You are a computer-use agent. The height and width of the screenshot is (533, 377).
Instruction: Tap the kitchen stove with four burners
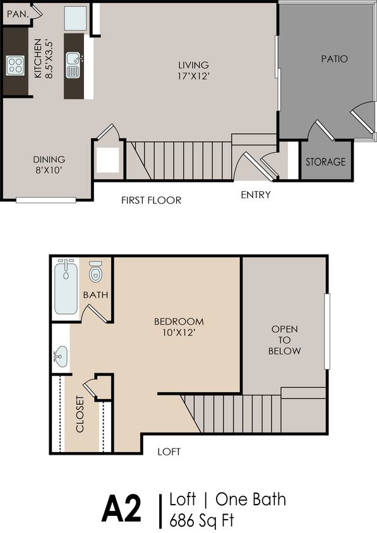coord(15,65)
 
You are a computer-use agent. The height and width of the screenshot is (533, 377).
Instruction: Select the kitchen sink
coord(73,64)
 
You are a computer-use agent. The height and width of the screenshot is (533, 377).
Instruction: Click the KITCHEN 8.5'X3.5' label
coord(44,59)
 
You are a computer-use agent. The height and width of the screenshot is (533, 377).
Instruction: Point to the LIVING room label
coord(193,65)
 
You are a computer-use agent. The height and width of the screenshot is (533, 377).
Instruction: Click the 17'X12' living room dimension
coord(193,76)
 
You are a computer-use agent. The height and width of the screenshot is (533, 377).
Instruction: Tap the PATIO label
coord(334,59)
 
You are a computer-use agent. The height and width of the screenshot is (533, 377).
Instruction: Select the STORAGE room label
coord(326,162)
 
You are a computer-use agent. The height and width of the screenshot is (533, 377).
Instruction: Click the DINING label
coord(49,160)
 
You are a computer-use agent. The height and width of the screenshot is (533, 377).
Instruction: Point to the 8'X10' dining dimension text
coord(49,171)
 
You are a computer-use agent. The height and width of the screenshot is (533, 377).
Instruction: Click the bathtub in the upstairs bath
coord(66,288)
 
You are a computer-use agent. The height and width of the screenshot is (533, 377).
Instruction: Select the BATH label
coord(95,295)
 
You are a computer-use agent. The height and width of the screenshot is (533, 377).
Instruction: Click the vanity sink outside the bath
coord(61,356)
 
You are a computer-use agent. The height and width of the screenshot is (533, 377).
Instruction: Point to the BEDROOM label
coord(179,321)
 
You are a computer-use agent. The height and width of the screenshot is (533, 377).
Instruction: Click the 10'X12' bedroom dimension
coord(179,333)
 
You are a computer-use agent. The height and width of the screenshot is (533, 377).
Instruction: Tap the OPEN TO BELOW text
coord(285,340)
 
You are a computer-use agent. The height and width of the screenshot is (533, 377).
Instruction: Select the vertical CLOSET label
coord(80,414)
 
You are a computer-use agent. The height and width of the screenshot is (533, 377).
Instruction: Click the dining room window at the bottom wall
coord(45,201)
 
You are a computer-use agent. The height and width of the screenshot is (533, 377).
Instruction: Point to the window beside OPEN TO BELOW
coord(328,332)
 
